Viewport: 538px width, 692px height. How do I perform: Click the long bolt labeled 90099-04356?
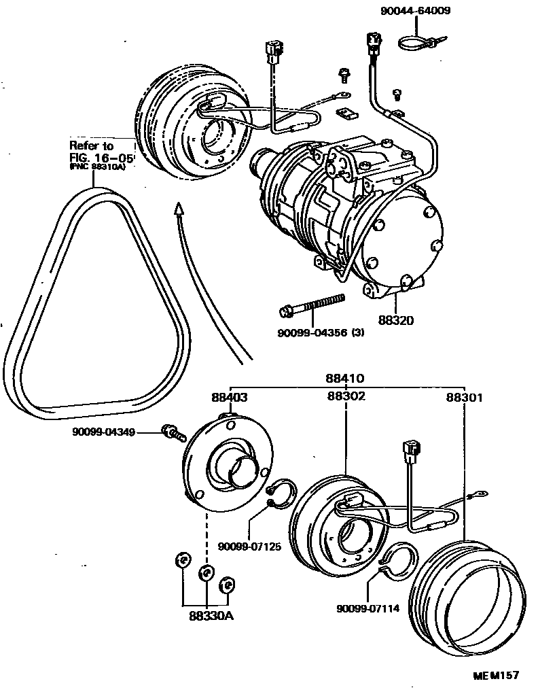coord(312,305)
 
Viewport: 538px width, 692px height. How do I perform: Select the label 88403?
coord(229,398)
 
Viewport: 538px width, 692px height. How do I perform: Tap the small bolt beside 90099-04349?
coord(172,432)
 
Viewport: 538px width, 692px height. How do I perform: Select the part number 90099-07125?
coord(248,546)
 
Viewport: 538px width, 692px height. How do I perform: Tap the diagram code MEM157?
coord(496,675)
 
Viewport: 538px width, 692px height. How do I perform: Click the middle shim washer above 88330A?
coord(206,572)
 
